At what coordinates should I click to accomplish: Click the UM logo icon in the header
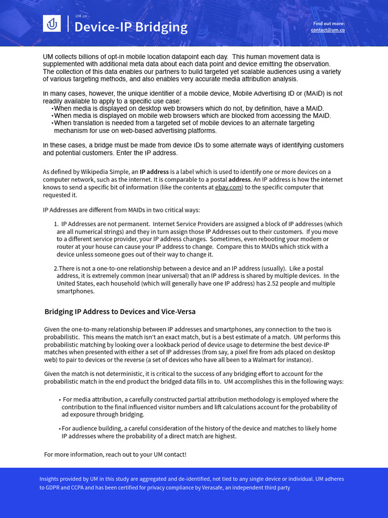click(52, 23)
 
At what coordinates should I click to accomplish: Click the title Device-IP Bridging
click(131, 27)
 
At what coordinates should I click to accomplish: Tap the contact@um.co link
click(327, 30)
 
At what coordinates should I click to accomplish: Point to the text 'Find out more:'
click(329, 23)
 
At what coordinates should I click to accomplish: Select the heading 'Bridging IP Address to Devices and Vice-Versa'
click(120, 312)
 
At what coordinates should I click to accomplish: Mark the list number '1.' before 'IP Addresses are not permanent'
click(56, 224)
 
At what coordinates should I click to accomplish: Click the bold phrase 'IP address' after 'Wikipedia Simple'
click(154, 172)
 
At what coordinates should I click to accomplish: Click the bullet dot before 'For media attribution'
click(60, 400)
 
